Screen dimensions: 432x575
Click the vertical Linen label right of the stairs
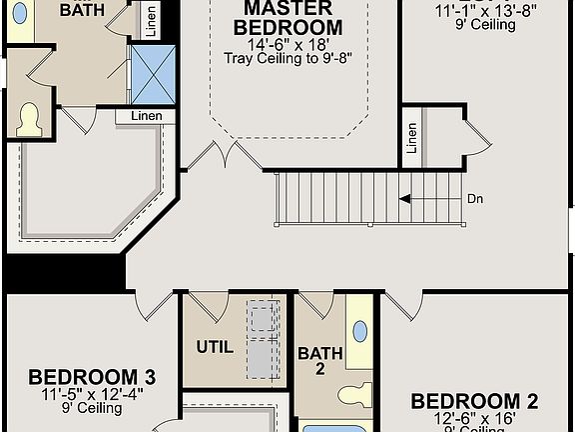coord(411,139)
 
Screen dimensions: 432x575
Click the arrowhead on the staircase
coord(404,199)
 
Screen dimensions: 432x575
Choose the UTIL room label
coord(215,348)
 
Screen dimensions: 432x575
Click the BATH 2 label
coord(319,360)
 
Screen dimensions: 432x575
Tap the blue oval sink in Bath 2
coord(359,330)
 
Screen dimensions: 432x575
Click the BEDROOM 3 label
coord(91,377)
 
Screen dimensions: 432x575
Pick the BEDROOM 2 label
coord(474,402)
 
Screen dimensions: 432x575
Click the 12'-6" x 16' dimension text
coord(474,419)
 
